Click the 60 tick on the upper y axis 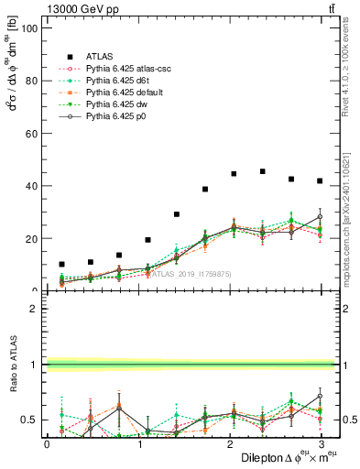33,134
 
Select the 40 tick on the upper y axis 33,186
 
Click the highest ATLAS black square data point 263,171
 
